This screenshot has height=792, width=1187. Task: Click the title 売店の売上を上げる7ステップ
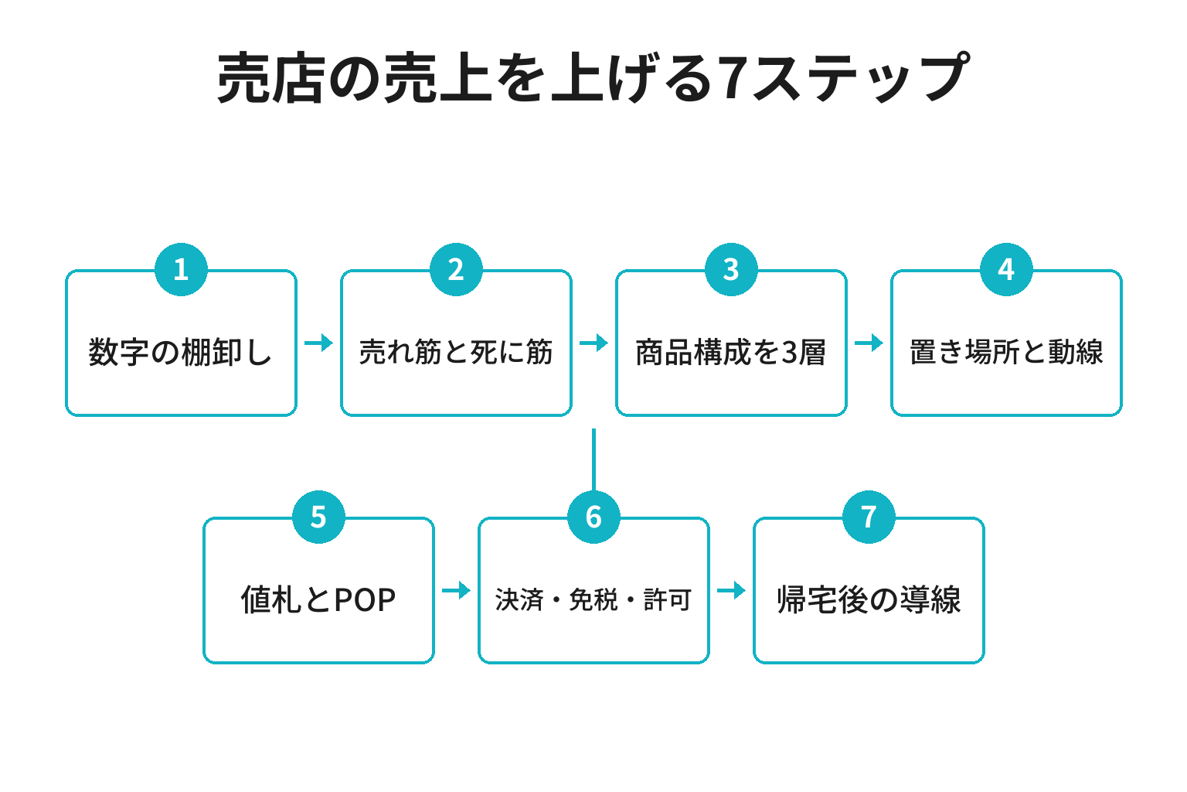pyautogui.click(x=593, y=78)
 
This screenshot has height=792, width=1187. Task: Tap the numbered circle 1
pyautogui.click(x=181, y=269)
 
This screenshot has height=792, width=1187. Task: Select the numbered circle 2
pyautogui.click(x=456, y=269)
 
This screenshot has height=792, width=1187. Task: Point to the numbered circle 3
pyautogui.click(x=731, y=269)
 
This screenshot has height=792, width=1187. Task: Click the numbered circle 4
pyautogui.click(x=1006, y=269)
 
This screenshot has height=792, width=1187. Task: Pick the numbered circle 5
pyautogui.click(x=318, y=517)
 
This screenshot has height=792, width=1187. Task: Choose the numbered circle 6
pyautogui.click(x=593, y=517)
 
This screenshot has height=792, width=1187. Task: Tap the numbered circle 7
pyautogui.click(x=869, y=517)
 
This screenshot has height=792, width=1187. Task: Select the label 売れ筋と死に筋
pyautogui.click(x=456, y=352)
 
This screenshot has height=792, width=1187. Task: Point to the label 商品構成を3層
pyautogui.click(x=731, y=352)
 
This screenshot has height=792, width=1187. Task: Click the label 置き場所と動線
pyautogui.click(x=1006, y=352)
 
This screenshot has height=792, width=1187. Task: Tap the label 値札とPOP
pyautogui.click(x=318, y=600)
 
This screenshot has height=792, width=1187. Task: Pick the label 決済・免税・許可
pyautogui.click(x=593, y=600)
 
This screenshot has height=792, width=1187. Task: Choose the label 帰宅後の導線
pyautogui.click(x=869, y=600)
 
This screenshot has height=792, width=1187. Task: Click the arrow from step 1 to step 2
pyautogui.click(x=318, y=343)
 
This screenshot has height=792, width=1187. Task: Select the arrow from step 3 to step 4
pyautogui.click(x=869, y=343)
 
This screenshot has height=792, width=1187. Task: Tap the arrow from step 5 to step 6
pyautogui.click(x=456, y=590)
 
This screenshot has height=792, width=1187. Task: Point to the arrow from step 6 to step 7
pyautogui.click(x=731, y=590)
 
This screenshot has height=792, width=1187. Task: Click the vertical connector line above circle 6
pyautogui.click(x=593, y=459)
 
